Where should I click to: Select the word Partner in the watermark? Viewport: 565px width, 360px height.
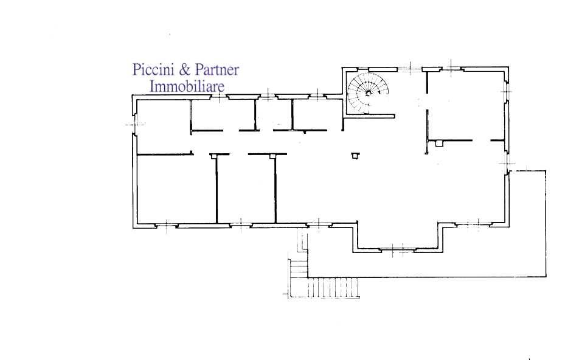pos(217,69)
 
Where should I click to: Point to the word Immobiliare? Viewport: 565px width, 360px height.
pos(187,86)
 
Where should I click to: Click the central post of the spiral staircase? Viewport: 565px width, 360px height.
pos(369,93)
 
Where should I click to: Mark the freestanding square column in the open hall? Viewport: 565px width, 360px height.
pos(356,156)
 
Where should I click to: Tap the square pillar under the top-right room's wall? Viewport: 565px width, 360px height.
pos(438,144)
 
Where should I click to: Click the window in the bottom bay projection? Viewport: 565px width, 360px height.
pos(397,249)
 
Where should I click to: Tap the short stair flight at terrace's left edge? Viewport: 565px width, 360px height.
pos(298,268)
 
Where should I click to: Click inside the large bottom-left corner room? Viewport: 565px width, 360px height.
pos(176,189)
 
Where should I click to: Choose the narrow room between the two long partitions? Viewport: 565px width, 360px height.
pos(246,189)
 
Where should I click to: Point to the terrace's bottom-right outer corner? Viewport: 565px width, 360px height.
pos(546,277)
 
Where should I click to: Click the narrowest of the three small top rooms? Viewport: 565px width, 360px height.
pos(274,114)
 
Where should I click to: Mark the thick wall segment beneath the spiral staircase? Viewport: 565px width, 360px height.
pos(370,116)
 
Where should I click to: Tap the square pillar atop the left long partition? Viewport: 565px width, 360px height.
pos(214,156)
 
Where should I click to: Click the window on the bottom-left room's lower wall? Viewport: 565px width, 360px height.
pos(167,226)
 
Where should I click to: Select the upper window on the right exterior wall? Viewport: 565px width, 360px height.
pos(507,92)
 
